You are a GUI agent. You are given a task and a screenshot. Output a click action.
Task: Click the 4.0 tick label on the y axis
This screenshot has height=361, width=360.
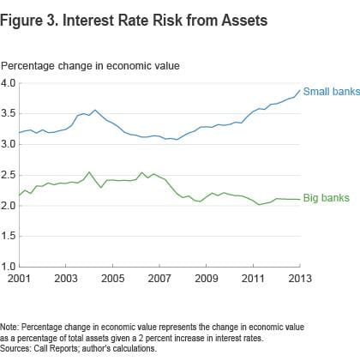coord(9,83)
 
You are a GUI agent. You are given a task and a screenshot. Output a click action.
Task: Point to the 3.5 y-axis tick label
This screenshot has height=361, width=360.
coord(9,114)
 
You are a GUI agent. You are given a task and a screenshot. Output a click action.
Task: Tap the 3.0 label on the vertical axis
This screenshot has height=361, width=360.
coord(9,144)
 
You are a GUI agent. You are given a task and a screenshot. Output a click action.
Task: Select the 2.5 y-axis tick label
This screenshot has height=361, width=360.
coord(9,175)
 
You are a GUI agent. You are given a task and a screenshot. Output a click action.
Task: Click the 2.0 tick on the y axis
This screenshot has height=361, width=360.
coord(9,205)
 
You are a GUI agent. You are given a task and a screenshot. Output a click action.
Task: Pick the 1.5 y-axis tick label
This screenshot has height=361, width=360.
coord(9,236)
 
